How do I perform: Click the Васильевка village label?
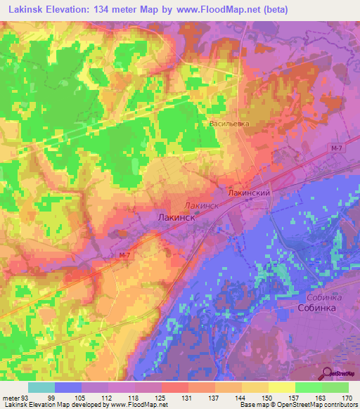click(229, 123)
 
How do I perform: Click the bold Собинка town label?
click(319, 308)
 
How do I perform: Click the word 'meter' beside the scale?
click(11, 397)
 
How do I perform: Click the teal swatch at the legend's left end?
click(41, 387)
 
